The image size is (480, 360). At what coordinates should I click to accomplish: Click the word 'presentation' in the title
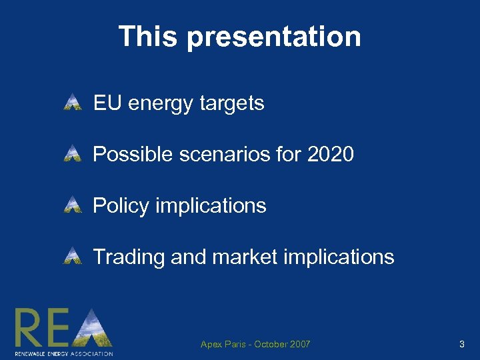274,37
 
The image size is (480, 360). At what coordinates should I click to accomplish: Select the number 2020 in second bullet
330,155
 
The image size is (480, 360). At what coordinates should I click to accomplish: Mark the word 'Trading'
129,257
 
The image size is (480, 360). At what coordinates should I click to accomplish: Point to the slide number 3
461,345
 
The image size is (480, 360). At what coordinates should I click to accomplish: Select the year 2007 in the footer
299,345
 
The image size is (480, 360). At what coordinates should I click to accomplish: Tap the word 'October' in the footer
269,345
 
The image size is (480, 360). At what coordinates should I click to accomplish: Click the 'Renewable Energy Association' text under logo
63,353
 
